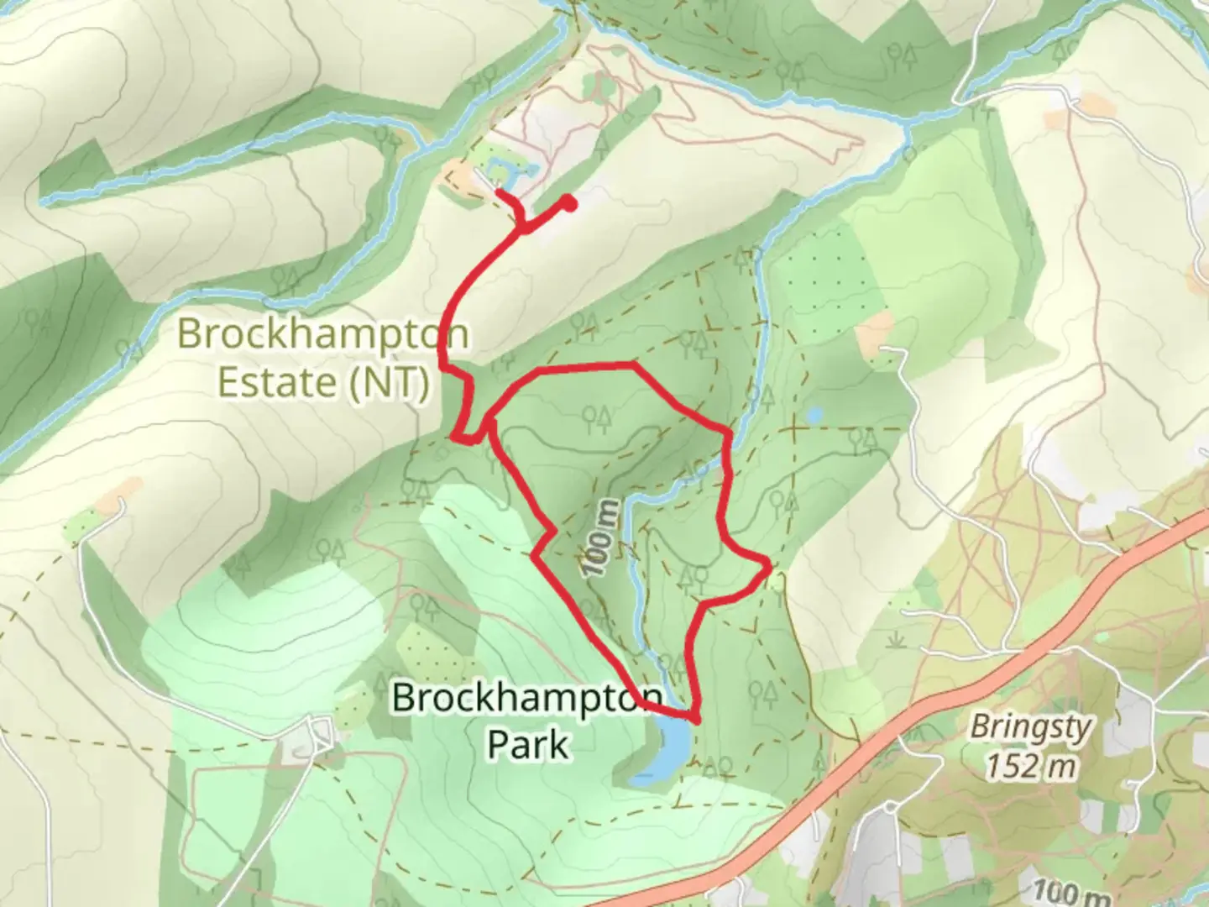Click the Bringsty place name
[x=1031, y=727]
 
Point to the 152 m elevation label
[x=1030, y=766]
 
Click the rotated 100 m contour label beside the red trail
[x=602, y=538]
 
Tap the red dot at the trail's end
[x=569, y=202]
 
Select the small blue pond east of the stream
[x=813, y=415]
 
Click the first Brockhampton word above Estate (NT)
[x=322, y=334]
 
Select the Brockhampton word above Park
[x=527, y=698]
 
